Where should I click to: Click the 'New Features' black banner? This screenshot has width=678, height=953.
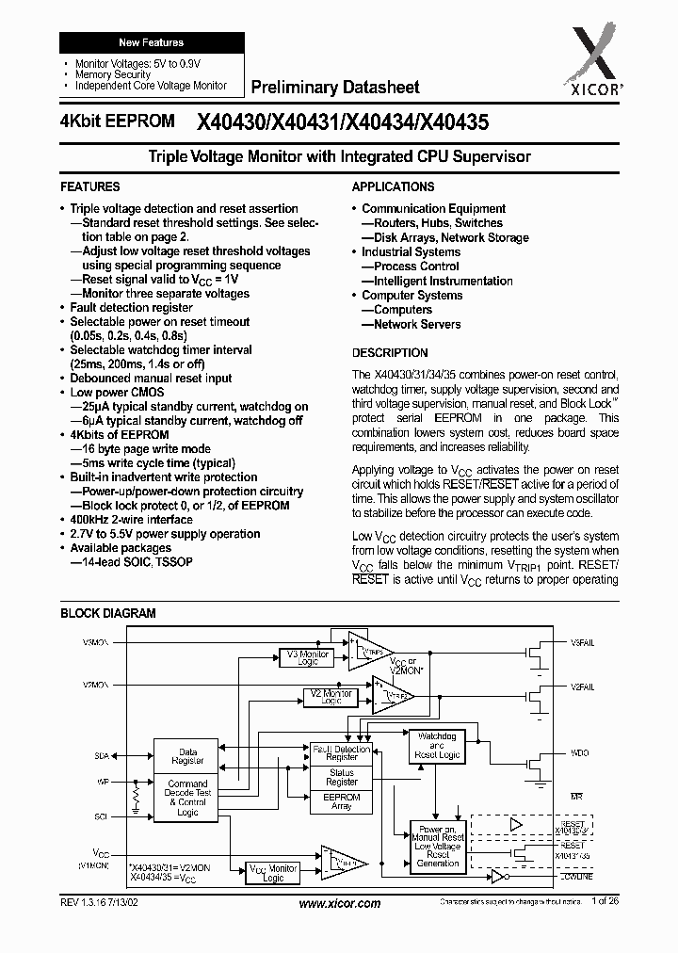(x=151, y=42)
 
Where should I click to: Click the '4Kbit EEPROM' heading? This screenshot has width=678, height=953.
(x=116, y=121)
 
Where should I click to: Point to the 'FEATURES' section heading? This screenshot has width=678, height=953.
(x=90, y=187)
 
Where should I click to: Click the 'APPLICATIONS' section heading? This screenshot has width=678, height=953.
(x=393, y=187)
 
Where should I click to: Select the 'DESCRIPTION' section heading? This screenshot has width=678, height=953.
(x=390, y=352)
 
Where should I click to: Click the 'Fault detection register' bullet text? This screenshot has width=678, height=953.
(x=132, y=308)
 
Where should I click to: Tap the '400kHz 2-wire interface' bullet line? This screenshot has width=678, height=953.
(x=132, y=520)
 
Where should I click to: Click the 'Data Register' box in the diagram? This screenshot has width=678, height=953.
(x=187, y=757)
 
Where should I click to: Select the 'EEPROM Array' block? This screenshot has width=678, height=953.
(x=342, y=801)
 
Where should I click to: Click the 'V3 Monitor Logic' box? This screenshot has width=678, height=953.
(x=308, y=657)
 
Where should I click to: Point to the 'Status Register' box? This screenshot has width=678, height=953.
(x=342, y=777)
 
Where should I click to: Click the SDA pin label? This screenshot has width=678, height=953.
(x=102, y=756)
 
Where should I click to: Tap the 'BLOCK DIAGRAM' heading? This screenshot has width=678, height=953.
(x=108, y=613)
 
